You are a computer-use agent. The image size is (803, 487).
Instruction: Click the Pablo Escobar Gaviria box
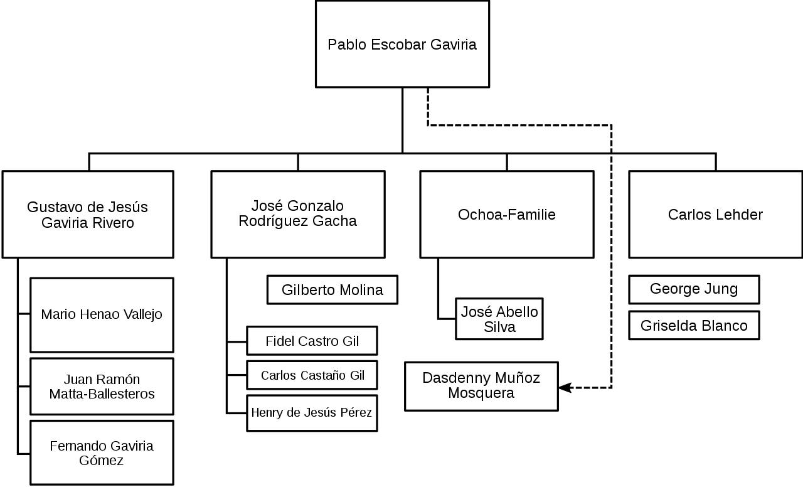coord(402,44)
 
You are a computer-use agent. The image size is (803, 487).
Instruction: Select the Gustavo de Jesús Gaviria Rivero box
coord(88,215)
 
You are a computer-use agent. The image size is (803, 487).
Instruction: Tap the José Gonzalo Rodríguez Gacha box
coord(297,214)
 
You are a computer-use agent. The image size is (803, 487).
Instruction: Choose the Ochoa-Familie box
coord(506,215)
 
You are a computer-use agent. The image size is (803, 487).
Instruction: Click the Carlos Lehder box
coord(715,215)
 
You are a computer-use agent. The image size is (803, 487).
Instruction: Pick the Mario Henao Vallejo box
coord(102,314)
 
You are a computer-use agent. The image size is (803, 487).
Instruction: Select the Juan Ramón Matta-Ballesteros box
coord(102,387)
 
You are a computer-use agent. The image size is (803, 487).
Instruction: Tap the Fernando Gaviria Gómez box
coord(102,452)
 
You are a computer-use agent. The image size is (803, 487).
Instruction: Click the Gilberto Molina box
coord(332,290)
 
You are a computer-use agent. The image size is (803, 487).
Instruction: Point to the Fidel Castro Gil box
coord(312,341)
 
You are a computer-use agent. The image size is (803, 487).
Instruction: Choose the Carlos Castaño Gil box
coord(312,375)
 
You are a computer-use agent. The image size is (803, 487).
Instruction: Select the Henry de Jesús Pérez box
coord(312,413)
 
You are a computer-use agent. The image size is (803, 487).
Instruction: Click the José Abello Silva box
coord(499,319)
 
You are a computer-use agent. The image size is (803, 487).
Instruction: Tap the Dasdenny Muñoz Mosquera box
coord(481,386)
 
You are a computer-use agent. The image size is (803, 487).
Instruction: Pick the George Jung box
coord(694,289)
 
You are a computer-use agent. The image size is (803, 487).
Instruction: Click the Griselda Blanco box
coord(694,326)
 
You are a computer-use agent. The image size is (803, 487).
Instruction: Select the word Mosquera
coord(481,393)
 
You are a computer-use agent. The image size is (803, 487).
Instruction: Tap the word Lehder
coord(741,215)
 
